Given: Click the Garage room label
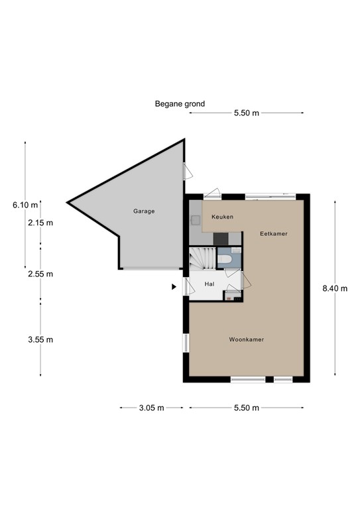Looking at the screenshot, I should click(x=143, y=211).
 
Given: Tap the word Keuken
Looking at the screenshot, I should click(x=222, y=217).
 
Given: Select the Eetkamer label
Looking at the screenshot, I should click(x=273, y=234).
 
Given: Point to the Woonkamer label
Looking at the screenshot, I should click(x=247, y=339).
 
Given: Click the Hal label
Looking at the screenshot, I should click(x=210, y=284).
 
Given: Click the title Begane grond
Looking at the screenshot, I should click(x=180, y=104).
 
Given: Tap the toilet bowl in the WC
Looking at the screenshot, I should click(x=225, y=259).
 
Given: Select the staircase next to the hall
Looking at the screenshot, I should click(x=202, y=258).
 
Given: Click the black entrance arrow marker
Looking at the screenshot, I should click(x=174, y=287).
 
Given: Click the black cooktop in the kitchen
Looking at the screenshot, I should click(x=219, y=239).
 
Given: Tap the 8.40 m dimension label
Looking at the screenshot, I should click(x=335, y=288).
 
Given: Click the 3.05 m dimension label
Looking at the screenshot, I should click(x=151, y=408).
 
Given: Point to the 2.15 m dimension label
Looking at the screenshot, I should click(x=40, y=223).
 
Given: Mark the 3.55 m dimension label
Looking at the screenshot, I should click(x=40, y=340).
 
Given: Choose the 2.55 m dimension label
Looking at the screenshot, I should click(x=40, y=274).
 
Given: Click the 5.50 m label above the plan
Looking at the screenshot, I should click(x=246, y=113).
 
